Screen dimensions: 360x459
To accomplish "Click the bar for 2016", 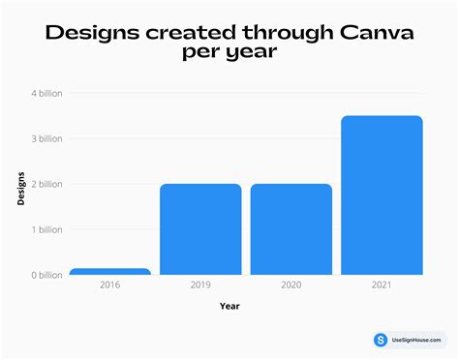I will point(110,272).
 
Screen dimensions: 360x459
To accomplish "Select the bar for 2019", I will point(200,229).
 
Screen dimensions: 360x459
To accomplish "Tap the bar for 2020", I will point(291,229).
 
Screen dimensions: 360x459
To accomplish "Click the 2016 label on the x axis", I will point(110,286).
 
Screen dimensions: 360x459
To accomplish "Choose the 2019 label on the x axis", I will point(200,286).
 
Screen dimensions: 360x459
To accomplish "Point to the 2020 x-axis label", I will point(291,286).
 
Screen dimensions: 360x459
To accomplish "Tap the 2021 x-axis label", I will point(382,286).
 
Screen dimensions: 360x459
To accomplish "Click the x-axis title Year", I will point(229,306).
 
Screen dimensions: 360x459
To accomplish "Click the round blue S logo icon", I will point(381,340).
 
